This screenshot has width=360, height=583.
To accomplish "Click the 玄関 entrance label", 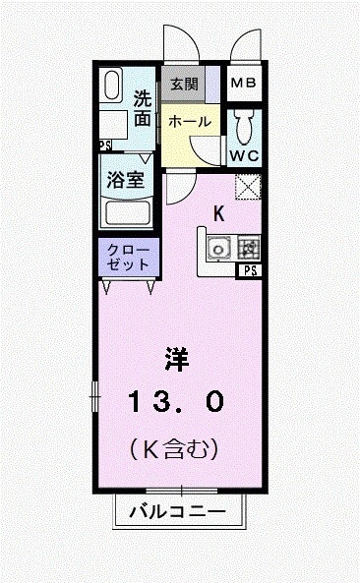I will pos(184,84).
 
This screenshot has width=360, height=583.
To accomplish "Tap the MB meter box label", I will pos(243,84).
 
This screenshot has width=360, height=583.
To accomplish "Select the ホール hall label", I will pos(188,121).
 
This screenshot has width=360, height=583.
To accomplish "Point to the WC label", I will pos(243,155).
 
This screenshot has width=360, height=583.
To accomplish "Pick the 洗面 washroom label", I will pos(143,109).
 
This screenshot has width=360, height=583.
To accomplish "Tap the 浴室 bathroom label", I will pos(126,181).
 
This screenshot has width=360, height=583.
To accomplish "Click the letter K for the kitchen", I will pos(219,212).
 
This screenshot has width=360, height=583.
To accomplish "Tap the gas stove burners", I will pos(248,249).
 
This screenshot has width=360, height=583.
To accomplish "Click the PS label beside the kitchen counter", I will pos(251,270).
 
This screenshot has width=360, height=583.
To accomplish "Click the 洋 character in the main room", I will pos(177,361).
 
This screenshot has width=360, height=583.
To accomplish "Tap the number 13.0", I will pos(177,401).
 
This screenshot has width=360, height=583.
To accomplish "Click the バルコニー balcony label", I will pos(178,512).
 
